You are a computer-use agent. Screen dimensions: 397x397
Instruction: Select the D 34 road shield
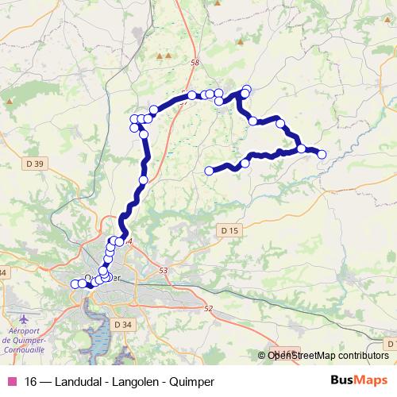[x=123, y=324]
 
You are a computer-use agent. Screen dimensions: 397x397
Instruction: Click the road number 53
[x=164, y=271]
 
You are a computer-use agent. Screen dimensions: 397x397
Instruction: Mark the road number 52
[x=209, y=308]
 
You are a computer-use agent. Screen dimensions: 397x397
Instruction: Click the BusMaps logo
[x=359, y=381]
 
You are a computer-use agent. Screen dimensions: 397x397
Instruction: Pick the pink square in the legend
[x=10, y=382]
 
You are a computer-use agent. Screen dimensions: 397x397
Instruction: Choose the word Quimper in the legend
[x=192, y=382]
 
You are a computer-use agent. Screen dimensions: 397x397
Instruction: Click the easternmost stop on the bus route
[x=322, y=154]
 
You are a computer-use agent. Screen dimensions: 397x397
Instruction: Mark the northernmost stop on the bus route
[x=247, y=89]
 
